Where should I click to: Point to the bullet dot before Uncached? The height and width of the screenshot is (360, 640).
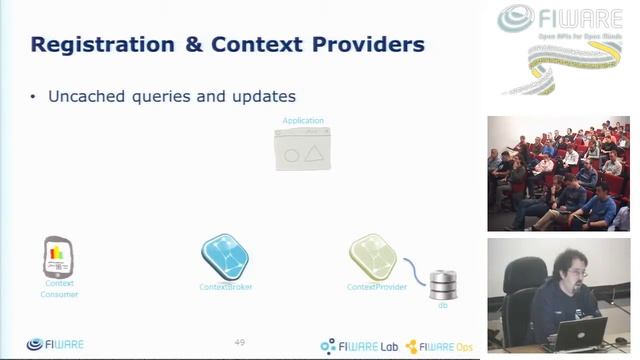pyautogui.click(x=33, y=97)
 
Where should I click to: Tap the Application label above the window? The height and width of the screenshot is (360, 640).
pyautogui.click(x=302, y=121)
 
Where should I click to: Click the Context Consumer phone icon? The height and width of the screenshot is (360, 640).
pyautogui.click(x=58, y=257)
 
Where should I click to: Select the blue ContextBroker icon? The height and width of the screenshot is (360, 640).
pyautogui.click(x=225, y=256)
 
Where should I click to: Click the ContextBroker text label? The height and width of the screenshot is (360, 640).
pyautogui.click(x=225, y=287)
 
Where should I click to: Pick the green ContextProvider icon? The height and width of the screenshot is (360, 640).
pyautogui.click(x=372, y=256)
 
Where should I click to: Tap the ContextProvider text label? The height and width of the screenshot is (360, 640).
pyautogui.click(x=376, y=287)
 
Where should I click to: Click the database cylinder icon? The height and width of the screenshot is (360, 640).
pyautogui.click(x=442, y=284)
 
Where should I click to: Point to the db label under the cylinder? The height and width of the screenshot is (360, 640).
pyautogui.click(x=442, y=304)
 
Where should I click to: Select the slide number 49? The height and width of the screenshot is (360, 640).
pyautogui.click(x=239, y=342)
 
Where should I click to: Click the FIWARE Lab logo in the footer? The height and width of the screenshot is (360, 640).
pyautogui.click(x=358, y=346)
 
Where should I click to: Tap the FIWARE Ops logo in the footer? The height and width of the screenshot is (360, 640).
pyautogui.click(x=440, y=346)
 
